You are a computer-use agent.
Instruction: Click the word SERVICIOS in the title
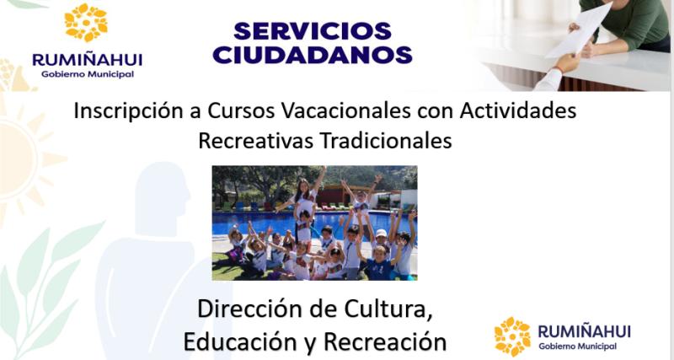[313, 31]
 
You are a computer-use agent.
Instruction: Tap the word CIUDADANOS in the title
[313, 55]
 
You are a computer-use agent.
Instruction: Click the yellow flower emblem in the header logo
[86, 23]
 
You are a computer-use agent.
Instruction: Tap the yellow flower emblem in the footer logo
[512, 336]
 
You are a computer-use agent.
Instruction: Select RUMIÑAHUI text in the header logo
[87, 59]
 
